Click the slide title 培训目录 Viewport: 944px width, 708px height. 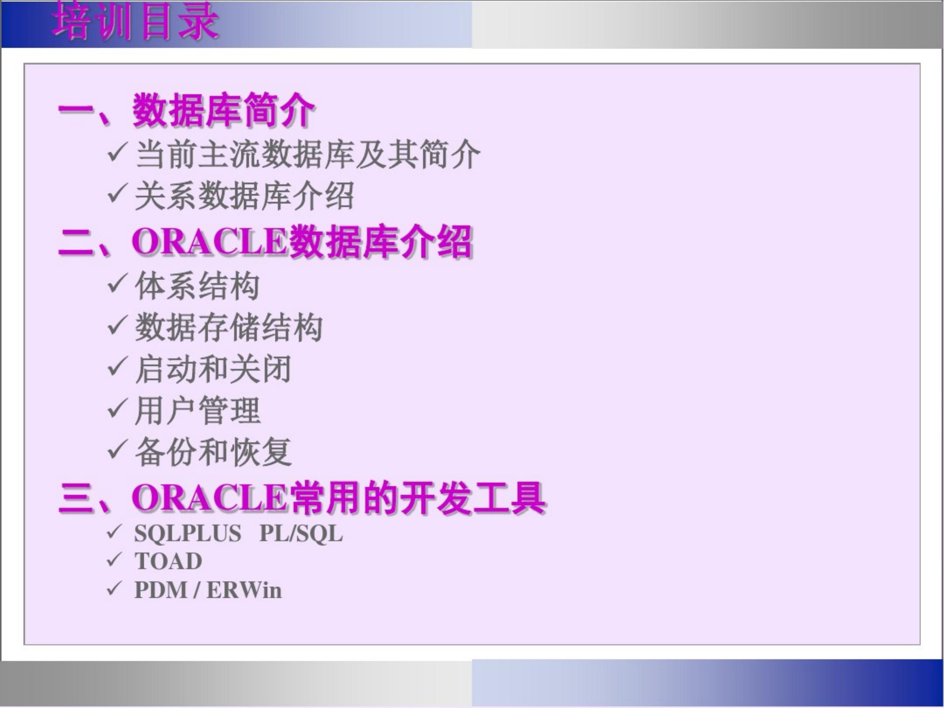[135, 22]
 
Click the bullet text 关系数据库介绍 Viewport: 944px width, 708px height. [244, 196]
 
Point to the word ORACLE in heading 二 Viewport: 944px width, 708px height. [209, 242]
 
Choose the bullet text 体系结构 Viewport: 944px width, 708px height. [197, 286]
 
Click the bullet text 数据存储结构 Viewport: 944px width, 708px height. [229, 328]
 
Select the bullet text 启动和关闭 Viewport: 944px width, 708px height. [213, 369]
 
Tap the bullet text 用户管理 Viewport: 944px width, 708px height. [197, 411]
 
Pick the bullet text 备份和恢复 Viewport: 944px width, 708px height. [213, 452]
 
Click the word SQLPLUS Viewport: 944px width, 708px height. [187, 534]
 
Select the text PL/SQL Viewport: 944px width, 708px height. [301, 534]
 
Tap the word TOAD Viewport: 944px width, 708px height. [168, 561]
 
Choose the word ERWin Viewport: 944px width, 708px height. [244, 590]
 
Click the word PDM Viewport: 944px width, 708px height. [160, 590]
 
